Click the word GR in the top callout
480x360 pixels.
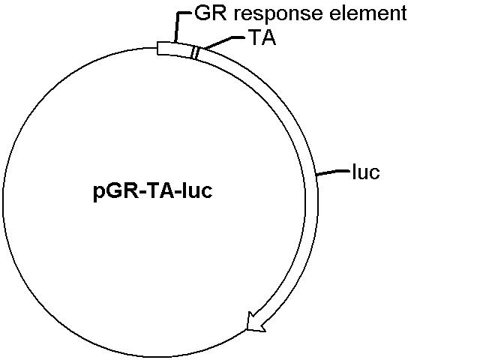point(211,13)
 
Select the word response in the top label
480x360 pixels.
point(278,15)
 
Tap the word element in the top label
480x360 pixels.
point(368,13)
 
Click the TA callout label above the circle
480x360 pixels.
point(262,37)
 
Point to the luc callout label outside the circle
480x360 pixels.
point(366,172)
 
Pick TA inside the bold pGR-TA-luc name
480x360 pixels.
point(160,190)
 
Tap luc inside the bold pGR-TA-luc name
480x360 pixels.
point(197,190)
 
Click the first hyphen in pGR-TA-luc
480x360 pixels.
point(141,192)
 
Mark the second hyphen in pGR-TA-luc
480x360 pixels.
point(178,192)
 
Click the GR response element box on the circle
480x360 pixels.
point(175,49)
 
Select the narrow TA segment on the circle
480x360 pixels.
point(195,53)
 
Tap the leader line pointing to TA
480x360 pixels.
point(224,41)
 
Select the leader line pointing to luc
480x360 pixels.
point(333,172)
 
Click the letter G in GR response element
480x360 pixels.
point(202,13)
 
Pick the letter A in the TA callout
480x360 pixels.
point(268,37)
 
